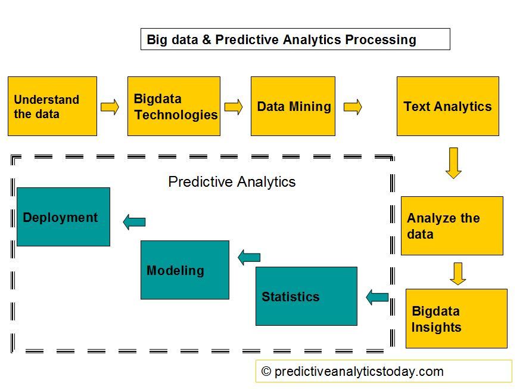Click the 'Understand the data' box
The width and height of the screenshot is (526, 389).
click(52, 106)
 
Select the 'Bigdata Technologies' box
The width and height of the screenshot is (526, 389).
click(174, 106)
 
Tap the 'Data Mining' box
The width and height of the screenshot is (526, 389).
click(293, 106)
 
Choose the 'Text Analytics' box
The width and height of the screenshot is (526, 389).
click(448, 106)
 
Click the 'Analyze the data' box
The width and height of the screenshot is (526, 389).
click(452, 226)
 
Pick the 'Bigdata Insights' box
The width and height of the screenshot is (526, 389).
click(456, 319)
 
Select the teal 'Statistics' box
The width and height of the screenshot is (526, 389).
click(306, 296)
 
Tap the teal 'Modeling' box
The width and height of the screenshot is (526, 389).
click(185, 270)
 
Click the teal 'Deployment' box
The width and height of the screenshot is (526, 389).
click(63, 217)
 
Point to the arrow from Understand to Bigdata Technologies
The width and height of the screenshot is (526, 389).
click(110, 107)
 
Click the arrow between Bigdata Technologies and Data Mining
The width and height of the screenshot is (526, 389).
click(234, 107)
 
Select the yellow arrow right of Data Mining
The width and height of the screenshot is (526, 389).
click(353, 107)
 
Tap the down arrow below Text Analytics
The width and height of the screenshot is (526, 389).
click(453, 163)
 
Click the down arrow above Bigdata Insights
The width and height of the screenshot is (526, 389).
click(457, 273)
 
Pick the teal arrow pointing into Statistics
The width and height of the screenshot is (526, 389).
click(377, 297)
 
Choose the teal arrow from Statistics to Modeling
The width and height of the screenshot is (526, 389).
click(249, 258)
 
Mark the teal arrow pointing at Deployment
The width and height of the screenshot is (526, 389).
click(134, 222)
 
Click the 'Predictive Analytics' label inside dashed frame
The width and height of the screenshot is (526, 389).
click(232, 182)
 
